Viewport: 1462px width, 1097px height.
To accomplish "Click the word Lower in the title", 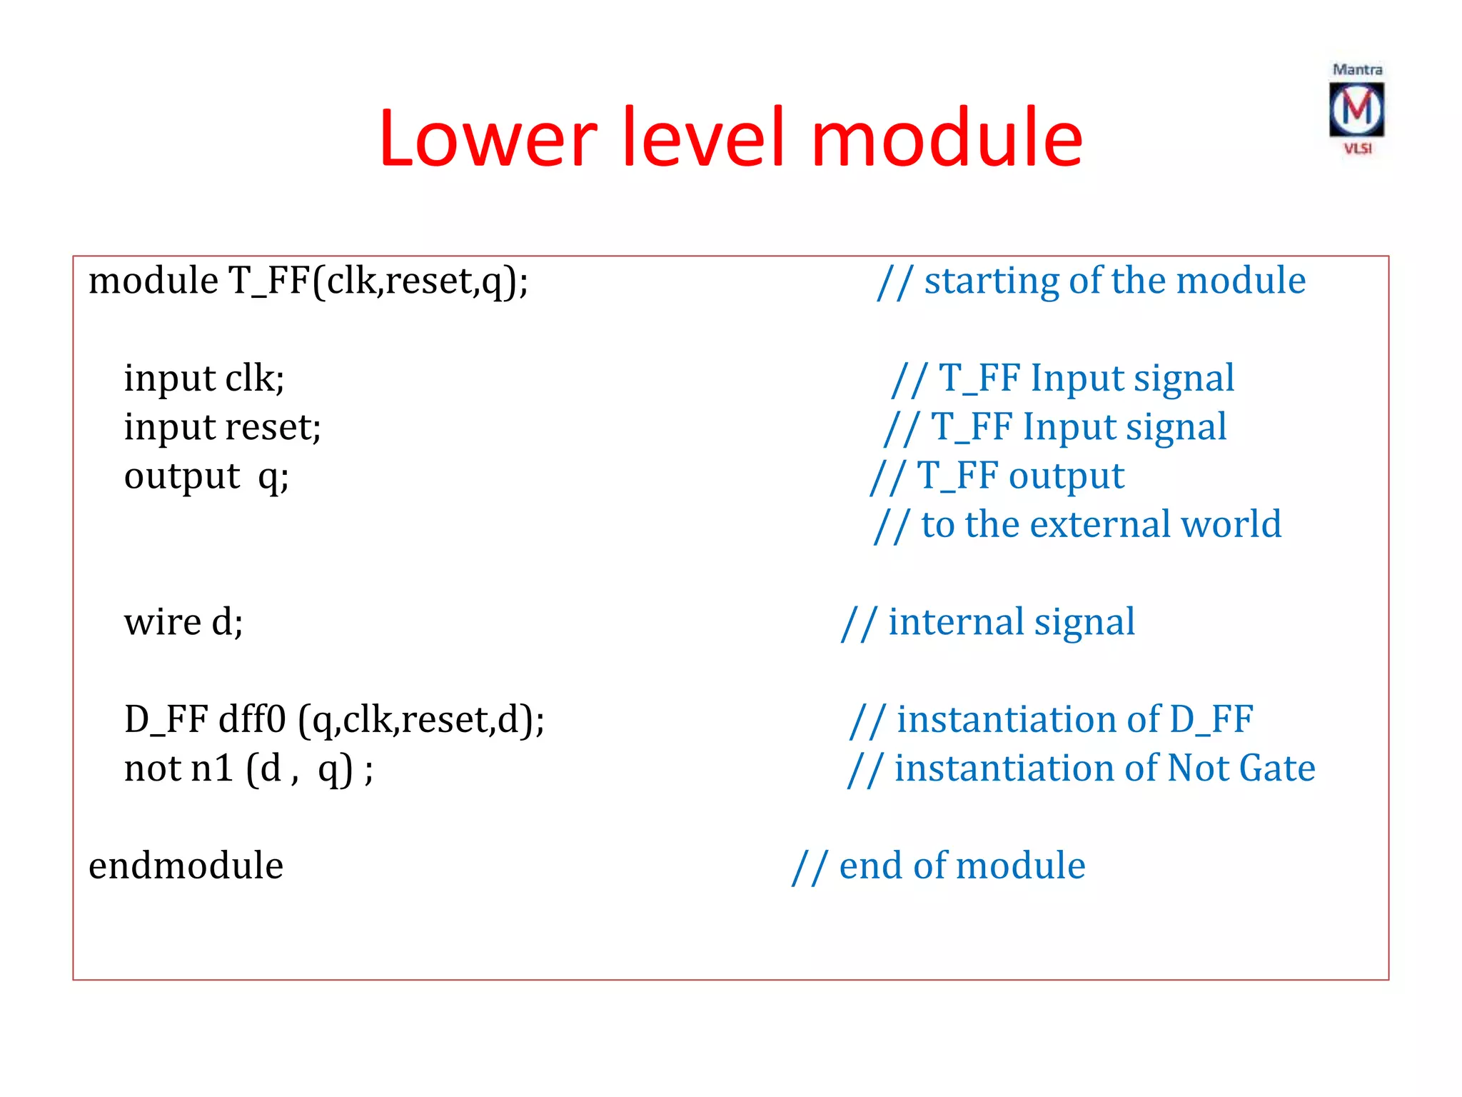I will click(488, 137).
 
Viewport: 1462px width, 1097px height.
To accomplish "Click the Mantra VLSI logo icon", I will click(1356, 110).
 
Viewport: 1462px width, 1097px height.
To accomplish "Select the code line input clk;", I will click(204, 378).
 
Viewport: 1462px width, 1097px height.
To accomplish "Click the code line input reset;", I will click(222, 427).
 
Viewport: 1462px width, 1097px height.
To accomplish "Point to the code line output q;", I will click(206, 476).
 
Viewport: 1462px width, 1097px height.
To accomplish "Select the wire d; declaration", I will click(183, 622).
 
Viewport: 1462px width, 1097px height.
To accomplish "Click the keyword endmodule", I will click(186, 866).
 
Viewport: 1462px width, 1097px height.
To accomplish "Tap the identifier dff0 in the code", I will click(252, 719).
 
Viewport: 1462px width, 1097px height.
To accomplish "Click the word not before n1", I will click(152, 768).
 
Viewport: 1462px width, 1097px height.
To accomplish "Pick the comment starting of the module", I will click(1092, 281).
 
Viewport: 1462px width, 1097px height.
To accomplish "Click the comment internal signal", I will click(989, 622).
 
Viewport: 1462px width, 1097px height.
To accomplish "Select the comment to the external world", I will click(1079, 524).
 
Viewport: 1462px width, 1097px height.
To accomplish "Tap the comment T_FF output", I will click(998, 476).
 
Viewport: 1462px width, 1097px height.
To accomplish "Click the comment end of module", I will click(939, 866).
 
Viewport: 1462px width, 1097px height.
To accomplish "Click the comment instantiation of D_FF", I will click(1052, 719).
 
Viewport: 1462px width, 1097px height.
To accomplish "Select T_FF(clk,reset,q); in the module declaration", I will click(378, 281).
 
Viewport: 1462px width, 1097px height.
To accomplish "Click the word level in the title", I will click(703, 137).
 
